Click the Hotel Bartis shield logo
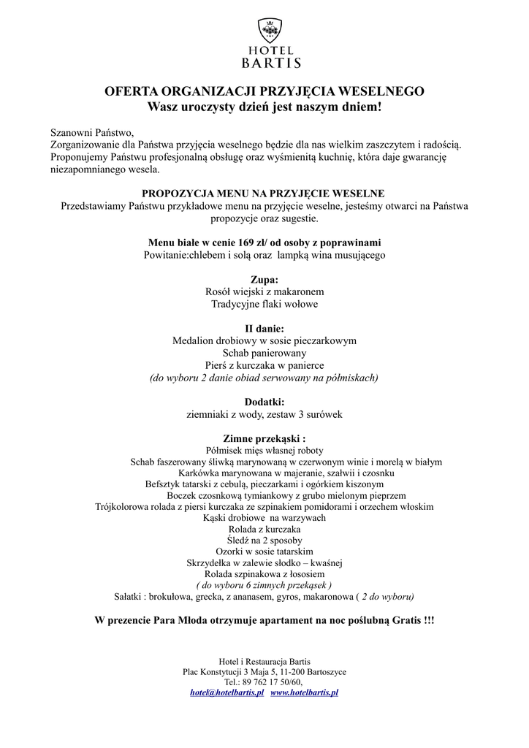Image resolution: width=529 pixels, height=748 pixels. (x=271, y=31)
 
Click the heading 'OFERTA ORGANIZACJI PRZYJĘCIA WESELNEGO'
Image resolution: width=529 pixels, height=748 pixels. (x=264, y=92)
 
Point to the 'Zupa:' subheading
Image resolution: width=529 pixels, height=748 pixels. (x=264, y=279)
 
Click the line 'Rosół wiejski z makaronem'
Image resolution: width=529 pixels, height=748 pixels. (x=264, y=291)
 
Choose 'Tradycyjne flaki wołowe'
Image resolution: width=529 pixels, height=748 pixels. (x=264, y=304)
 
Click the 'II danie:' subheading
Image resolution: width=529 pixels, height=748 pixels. (x=264, y=328)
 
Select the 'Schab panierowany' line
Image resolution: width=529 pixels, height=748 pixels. (x=264, y=353)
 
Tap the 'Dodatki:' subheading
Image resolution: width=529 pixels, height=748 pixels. (x=264, y=402)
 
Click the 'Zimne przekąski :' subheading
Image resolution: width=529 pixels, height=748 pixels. (x=264, y=438)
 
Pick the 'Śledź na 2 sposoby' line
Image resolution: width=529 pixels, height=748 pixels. (x=264, y=540)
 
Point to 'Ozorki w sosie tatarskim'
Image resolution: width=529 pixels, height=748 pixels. (x=264, y=552)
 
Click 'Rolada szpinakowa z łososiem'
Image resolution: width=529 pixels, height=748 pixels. (x=264, y=574)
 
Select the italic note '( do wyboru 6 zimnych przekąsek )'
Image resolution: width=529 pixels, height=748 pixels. (x=264, y=585)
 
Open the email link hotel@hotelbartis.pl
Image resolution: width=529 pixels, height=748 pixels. (x=227, y=692)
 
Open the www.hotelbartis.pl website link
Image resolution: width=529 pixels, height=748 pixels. (x=305, y=692)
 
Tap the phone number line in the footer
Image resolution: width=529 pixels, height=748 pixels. (x=264, y=682)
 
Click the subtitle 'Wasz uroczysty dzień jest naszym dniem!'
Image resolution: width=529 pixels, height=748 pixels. (x=264, y=107)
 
